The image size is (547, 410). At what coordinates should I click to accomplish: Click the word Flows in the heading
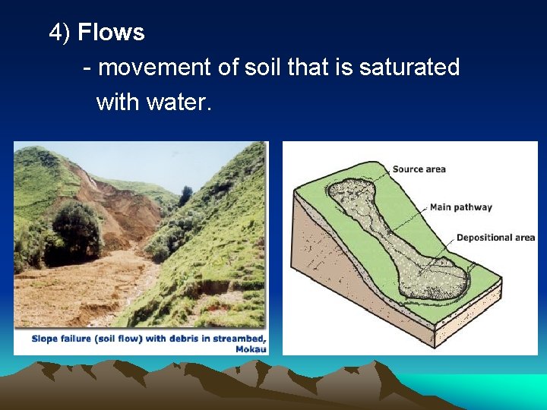(111, 33)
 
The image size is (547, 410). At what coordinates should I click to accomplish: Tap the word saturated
(409, 68)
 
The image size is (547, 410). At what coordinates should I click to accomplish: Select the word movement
(155, 68)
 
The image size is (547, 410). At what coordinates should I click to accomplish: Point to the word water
(179, 102)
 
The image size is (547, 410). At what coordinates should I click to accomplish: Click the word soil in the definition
(263, 68)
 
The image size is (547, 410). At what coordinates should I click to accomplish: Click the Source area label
(419, 169)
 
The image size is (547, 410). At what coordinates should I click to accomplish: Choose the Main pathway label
(460, 207)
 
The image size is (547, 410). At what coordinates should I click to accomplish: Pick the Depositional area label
(495, 238)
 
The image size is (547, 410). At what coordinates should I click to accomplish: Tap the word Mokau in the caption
(250, 348)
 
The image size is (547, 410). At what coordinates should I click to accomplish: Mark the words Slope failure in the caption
(58, 339)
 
